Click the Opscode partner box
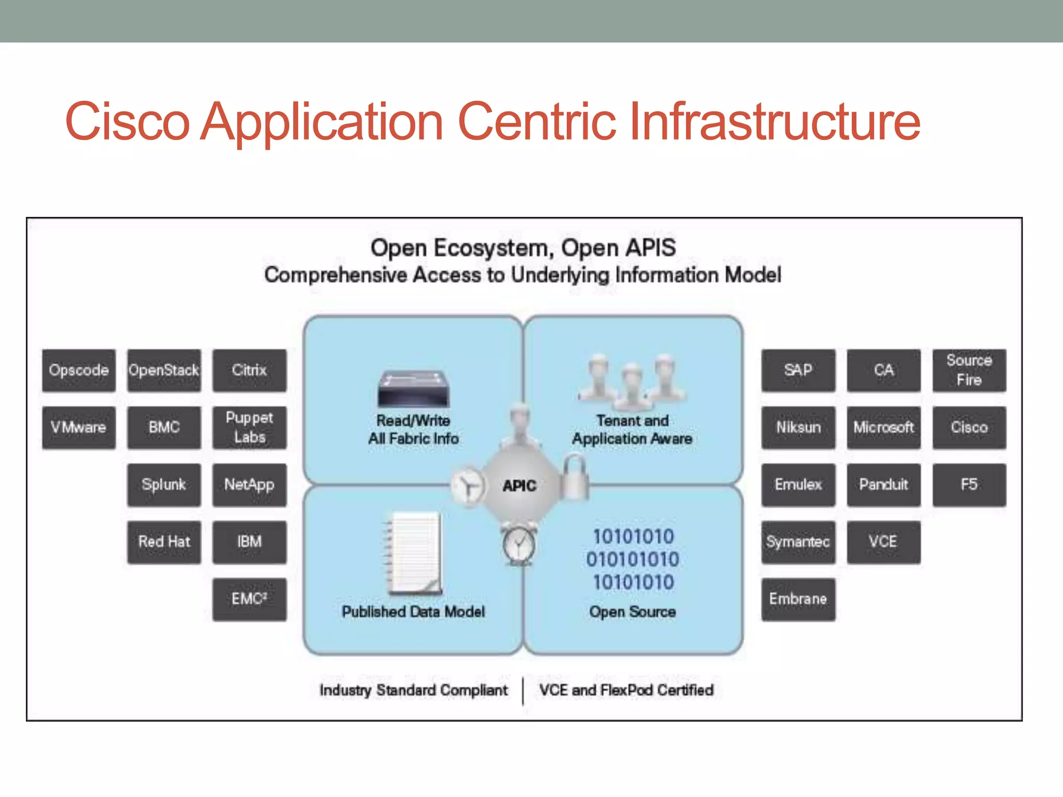tap(79, 370)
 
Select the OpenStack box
tap(164, 370)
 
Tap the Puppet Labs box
tap(249, 428)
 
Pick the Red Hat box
tap(164, 542)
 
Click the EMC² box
tap(249, 599)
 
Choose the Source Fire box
tap(969, 370)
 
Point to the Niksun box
tap(798, 428)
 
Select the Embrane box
tap(798, 599)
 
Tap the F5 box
tap(969, 485)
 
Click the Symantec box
tap(798, 542)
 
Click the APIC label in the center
tap(519, 486)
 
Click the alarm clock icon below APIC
tap(519, 545)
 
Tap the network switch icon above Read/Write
tap(414, 389)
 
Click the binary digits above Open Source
tap(633, 559)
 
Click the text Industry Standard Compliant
tap(414, 691)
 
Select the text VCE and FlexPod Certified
tap(626, 691)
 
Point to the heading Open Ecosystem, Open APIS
tap(523, 248)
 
